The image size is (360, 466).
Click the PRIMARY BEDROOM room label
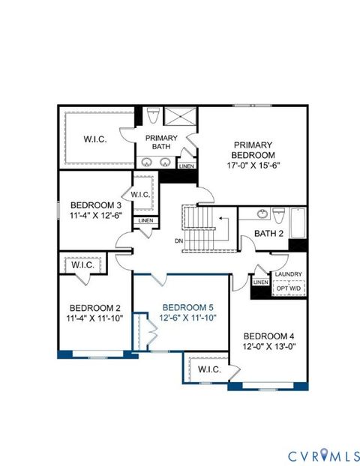tap(253, 151)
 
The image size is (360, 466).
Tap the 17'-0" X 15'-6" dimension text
tap(253, 166)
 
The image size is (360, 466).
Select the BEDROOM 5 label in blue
tap(184, 307)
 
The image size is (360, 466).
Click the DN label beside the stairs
tap(177, 240)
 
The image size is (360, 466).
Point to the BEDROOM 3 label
tap(96, 205)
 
